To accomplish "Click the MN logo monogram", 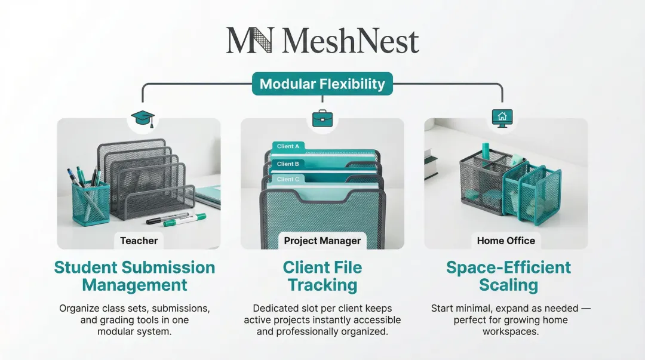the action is click(x=249, y=41).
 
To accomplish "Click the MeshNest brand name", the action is click(x=351, y=41).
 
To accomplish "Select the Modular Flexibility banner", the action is click(x=322, y=84).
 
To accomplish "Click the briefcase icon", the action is click(x=322, y=118).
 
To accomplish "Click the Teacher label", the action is click(x=139, y=241).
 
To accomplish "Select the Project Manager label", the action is click(x=322, y=241).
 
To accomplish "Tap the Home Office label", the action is click(x=506, y=241).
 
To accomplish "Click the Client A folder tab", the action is click(x=289, y=146).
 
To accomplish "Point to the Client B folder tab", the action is click(x=288, y=164).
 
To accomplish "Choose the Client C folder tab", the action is click(x=288, y=179).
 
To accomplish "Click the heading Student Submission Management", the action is click(x=134, y=276).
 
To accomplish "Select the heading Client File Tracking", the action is click(x=322, y=276).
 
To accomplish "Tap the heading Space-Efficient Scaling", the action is click(x=508, y=276).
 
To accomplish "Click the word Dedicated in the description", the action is click(x=278, y=309).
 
